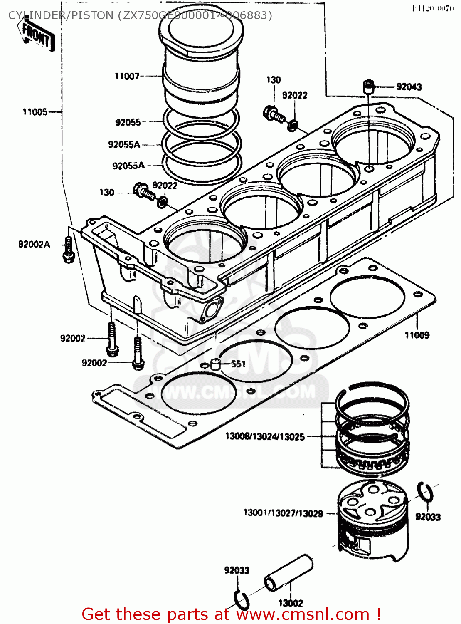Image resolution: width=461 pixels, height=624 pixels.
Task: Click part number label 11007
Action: pos(127,76)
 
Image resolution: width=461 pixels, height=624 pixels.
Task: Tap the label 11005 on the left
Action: pos(35,112)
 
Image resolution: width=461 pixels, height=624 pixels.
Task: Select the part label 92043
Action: pos(409,87)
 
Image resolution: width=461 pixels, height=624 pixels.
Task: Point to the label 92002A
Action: pos(34,244)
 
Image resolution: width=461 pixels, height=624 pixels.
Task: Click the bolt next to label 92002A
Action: pos(69,250)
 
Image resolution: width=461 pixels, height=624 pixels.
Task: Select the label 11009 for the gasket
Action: pos(417,335)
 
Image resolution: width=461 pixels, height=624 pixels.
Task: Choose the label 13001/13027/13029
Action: pos(283,513)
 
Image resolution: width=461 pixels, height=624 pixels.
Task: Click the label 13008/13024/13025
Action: pos(265,436)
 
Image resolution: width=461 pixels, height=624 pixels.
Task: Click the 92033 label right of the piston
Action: pos(428,517)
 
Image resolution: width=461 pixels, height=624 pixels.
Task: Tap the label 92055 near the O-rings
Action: pos(128,122)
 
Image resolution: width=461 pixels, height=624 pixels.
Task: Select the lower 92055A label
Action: pos(128,166)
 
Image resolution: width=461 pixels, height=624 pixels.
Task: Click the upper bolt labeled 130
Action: pos(273,113)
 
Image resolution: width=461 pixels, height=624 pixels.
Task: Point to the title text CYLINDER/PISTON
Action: pos(61,15)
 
